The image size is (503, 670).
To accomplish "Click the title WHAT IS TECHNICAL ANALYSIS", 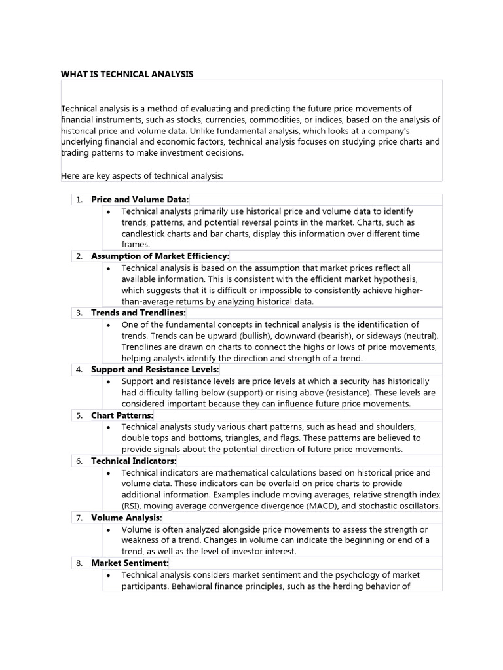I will (x=127, y=74).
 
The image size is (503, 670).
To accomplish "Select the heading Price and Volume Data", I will (x=140, y=199).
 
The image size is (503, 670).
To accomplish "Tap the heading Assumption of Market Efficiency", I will (x=160, y=256).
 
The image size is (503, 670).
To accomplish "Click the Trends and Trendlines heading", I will (x=138, y=313).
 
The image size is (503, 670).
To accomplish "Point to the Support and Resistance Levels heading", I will (x=155, y=370).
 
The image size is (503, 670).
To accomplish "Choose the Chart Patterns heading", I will (x=122, y=415).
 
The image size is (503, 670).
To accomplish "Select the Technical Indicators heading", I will (x=134, y=461).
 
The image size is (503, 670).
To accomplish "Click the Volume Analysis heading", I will (x=126, y=518).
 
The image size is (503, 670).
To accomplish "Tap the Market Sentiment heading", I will (x=130, y=563).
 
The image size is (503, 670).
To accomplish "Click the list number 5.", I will (x=79, y=415).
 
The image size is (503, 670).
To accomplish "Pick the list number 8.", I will (x=79, y=563).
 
